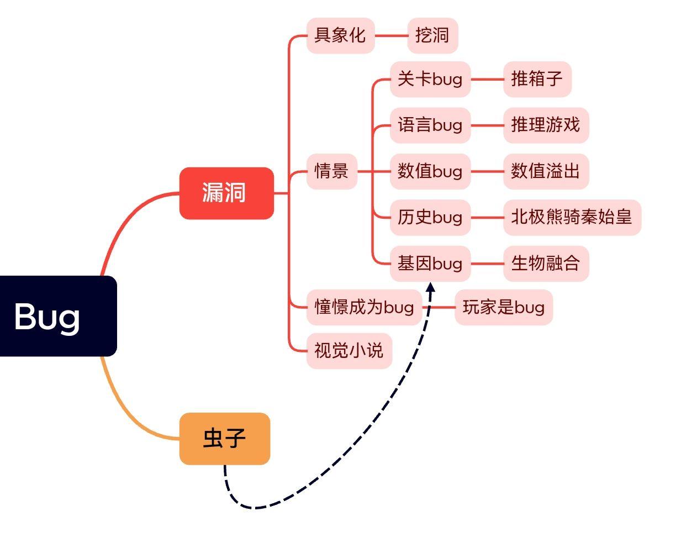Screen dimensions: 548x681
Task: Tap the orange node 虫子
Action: click(x=224, y=438)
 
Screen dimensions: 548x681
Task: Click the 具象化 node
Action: click(x=340, y=35)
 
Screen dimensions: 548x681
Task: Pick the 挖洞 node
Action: click(x=432, y=35)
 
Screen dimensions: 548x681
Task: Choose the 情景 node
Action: click(x=331, y=171)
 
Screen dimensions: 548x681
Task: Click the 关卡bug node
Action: click(x=430, y=79)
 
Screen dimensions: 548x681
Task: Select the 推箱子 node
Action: click(x=537, y=79)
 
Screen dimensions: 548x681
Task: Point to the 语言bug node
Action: click(x=430, y=125)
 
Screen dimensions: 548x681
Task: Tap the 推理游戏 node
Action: click(x=546, y=125)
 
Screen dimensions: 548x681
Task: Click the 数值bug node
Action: click(x=430, y=171)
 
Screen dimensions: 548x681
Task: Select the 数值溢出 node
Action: click(x=546, y=171)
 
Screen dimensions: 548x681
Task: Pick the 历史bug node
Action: click(x=430, y=217)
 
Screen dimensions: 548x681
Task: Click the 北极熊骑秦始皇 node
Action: click(x=572, y=217)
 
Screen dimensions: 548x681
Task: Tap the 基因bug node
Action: click(x=430, y=263)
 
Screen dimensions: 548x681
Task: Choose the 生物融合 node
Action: click(x=546, y=263)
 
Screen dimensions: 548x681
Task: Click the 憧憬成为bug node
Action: click(x=364, y=307)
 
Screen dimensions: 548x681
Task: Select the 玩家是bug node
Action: click(x=504, y=307)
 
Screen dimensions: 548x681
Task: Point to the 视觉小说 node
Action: click(x=349, y=350)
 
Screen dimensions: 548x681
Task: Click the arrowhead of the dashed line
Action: click(x=431, y=288)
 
